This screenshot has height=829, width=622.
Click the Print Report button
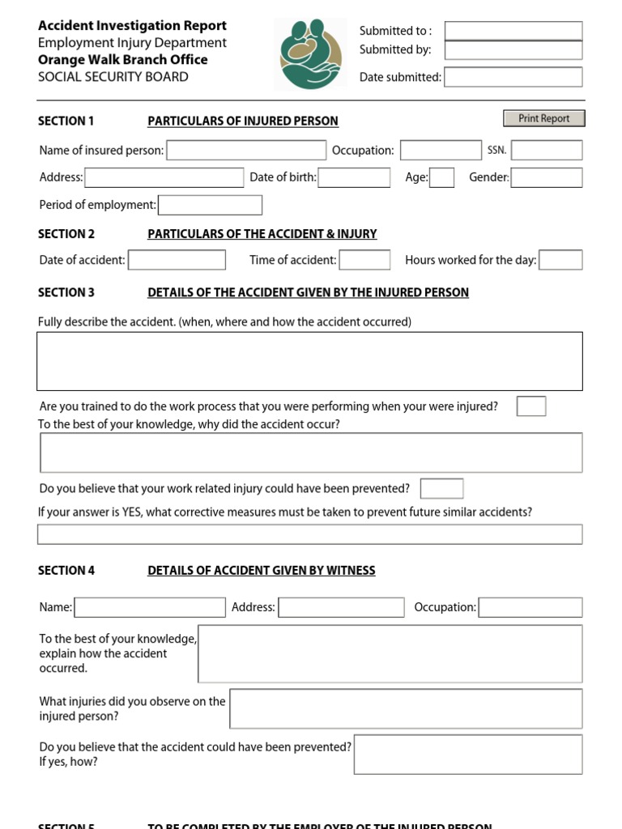pyautogui.click(x=543, y=118)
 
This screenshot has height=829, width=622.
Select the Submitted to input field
pyautogui.click(x=513, y=31)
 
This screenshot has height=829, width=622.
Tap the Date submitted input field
pyautogui.click(x=513, y=77)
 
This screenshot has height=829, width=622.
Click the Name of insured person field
pyautogui.click(x=246, y=150)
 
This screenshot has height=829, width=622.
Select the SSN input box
pyautogui.click(x=546, y=150)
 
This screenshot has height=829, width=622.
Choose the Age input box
pyautogui.click(x=441, y=177)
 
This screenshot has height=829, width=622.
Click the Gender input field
pyautogui.click(x=546, y=177)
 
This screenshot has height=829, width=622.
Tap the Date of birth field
pyautogui.click(x=354, y=177)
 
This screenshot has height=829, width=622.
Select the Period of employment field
pyautogui.click(x=210, y=205)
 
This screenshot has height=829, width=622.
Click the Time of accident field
pyautogui.click(x=364, y=260)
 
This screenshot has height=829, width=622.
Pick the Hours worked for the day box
pyautogui.click(x=560, y=260)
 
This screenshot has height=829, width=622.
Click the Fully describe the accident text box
pyautogui.click(x=309, y=361)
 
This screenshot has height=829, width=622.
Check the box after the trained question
pyautogui.click(x=530, y=406)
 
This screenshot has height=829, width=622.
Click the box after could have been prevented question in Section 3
pyautogui.click(x=442, y=488)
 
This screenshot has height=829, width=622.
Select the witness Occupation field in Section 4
pyautogui.click(x=530, y=607)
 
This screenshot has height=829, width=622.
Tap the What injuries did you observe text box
pyautogui.click(x=406, y=708)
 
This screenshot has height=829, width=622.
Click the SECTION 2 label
pyautogui.click(x=66, y=234)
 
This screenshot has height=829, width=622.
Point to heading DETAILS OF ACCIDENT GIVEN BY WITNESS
pyautogui.click(x=261, y=571)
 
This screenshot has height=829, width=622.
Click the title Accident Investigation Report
pyautogui.click(x=132, y=26)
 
